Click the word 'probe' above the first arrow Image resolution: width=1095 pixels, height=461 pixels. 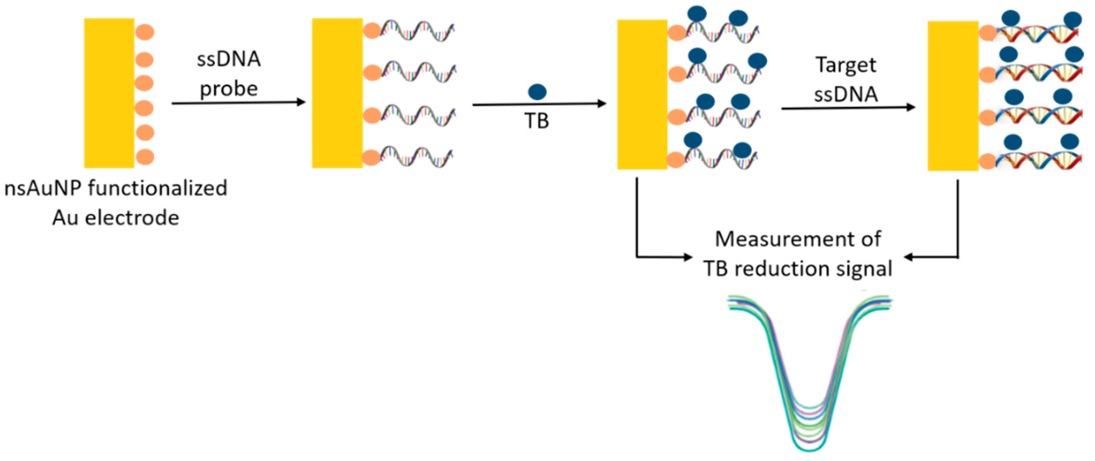tap(229, 89)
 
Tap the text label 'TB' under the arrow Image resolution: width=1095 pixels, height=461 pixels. tap(536, 121)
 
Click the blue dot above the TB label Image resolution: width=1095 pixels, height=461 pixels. tap(537, 92)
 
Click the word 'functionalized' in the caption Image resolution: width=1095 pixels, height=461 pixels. tap(158, 188)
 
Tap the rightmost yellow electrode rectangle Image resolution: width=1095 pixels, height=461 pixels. tap(953, 96)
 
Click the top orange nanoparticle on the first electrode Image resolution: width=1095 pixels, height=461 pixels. tap(145, 32)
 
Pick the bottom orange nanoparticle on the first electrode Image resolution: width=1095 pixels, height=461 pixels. tap(145, 157)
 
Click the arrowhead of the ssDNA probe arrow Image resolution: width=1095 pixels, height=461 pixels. tap(301, 102)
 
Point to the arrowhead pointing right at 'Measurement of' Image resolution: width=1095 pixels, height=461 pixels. tap(687, 257)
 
